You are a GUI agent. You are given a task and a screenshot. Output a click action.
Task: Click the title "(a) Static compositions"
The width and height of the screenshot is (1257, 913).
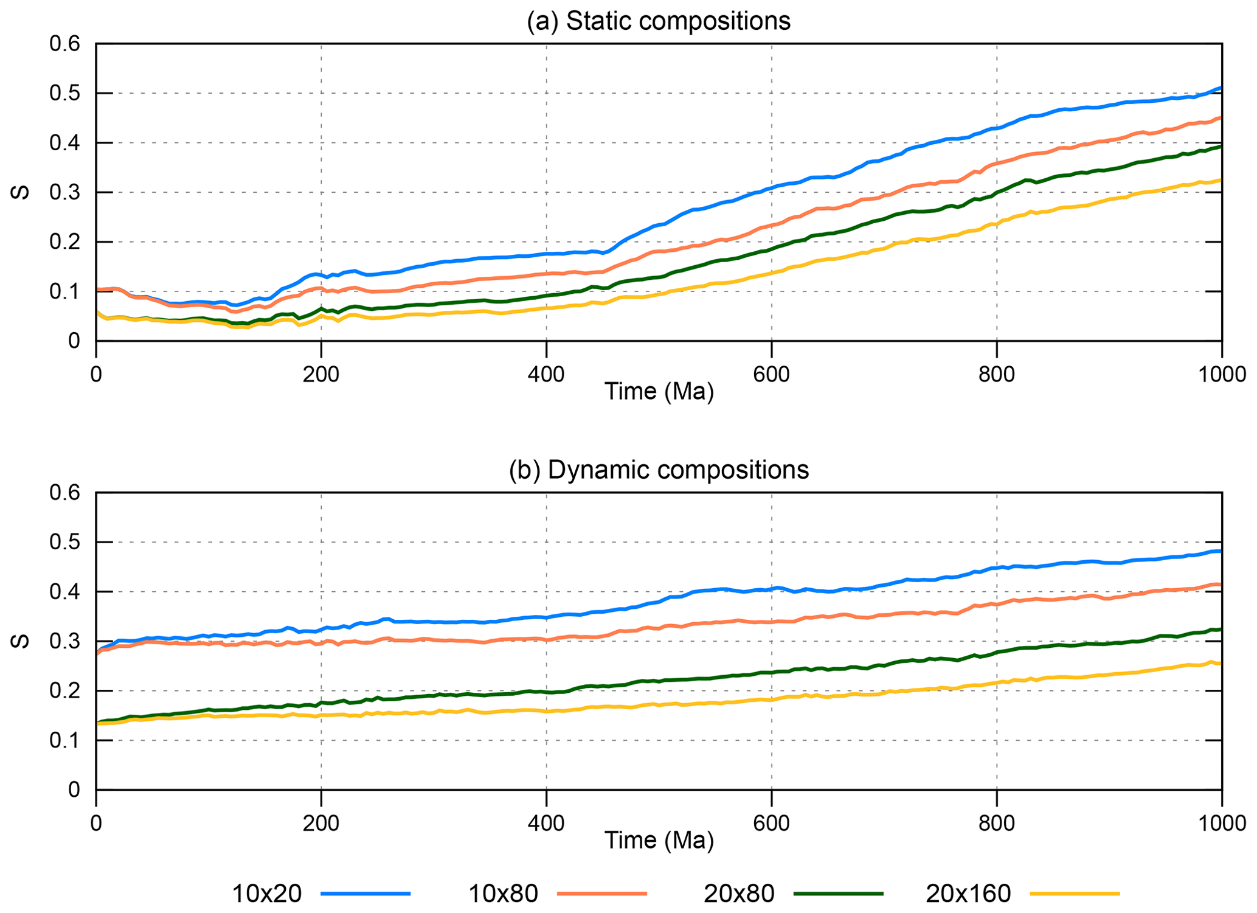coord(659,21)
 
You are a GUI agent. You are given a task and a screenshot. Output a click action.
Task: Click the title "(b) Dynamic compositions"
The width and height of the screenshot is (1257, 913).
coord(659,470)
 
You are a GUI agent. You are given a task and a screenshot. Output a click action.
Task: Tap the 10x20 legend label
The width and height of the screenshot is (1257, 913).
coord(267,894)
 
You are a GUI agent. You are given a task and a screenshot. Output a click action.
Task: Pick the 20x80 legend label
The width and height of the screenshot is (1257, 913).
coord(739,894)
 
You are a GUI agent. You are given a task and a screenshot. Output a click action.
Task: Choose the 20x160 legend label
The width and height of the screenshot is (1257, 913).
coord(968,894)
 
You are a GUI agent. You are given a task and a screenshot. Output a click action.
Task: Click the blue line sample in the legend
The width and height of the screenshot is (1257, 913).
coord(365,894)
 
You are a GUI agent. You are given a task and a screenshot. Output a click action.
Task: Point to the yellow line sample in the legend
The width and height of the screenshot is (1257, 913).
coord(1075,894)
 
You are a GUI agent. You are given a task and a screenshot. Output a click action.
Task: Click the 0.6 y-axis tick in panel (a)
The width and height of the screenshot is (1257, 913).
coord(65,44)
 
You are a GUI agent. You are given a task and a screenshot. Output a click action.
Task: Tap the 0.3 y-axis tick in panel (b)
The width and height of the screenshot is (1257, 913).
coord(65,642)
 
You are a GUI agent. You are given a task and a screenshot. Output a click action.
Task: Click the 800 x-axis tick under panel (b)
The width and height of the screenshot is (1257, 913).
coord(997,824)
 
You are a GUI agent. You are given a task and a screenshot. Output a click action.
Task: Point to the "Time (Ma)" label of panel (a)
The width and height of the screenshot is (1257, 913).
coord(659,392)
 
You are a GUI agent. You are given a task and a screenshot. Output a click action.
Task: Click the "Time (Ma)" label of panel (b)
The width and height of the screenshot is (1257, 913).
coord(659,841)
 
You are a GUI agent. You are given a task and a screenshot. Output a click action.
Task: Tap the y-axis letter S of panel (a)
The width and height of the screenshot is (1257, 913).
coord(21,192)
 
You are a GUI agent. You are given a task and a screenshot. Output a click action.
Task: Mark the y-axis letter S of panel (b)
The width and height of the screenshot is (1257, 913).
coord(21,641)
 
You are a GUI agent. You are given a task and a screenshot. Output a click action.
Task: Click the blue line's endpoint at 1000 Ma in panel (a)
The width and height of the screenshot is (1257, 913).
coord(1221,88)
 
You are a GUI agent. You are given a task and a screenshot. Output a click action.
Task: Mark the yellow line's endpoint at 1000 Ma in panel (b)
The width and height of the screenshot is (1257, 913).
coord(1221,663)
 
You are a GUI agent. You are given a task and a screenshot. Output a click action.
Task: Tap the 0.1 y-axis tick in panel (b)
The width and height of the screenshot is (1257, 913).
coord(65,741)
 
